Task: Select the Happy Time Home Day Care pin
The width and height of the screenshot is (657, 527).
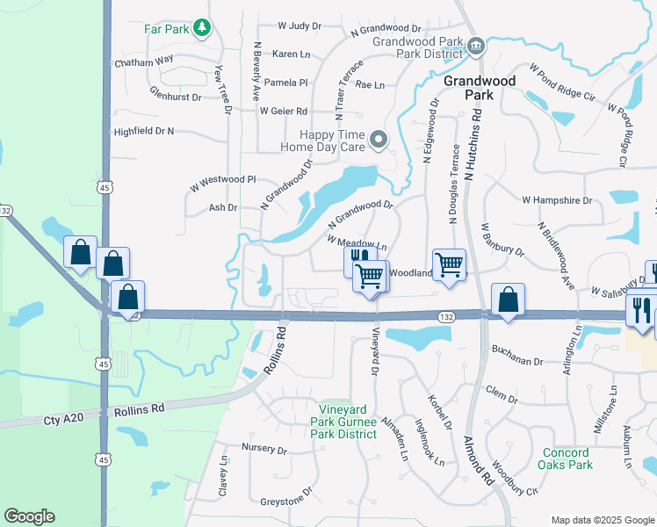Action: pos(379,140)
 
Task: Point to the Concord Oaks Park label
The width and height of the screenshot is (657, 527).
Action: pos(567,458)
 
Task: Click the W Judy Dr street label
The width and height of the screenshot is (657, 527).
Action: pos(300,26)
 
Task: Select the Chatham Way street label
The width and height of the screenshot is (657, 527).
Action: pos(144,62)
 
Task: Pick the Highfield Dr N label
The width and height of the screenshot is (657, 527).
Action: pos(144,131)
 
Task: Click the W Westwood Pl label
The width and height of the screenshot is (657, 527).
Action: pos(222,179)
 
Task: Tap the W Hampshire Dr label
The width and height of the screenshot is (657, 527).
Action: pos(557,200)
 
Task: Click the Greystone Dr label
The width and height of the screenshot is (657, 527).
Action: pos(286,502)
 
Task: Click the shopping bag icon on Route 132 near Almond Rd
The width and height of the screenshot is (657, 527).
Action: pos(508,299)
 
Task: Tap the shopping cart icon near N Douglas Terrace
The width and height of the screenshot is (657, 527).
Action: pos(449,263)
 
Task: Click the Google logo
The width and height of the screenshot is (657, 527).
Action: pos(30,516)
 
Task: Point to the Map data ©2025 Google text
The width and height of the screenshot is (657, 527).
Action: pos(602,520)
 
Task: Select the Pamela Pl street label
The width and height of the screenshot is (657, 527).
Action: pos(286,83)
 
